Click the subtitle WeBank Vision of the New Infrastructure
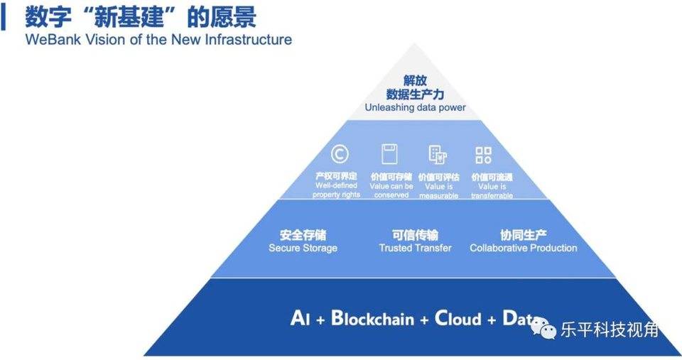coord(158,40)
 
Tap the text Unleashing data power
coord(415,108)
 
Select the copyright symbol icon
coord(339,153)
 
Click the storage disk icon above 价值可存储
coord(389,153)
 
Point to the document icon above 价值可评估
coord(437,154)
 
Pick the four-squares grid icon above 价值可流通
coord(484,155)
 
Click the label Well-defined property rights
coord(337,190)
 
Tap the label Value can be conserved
coord(391,190)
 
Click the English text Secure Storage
coord(303,249)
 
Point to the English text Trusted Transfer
coord(415,249)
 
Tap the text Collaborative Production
coord(523,249)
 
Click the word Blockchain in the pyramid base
coord(374,318)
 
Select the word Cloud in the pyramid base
coord(458,318)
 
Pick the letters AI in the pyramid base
coord(300,318)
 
